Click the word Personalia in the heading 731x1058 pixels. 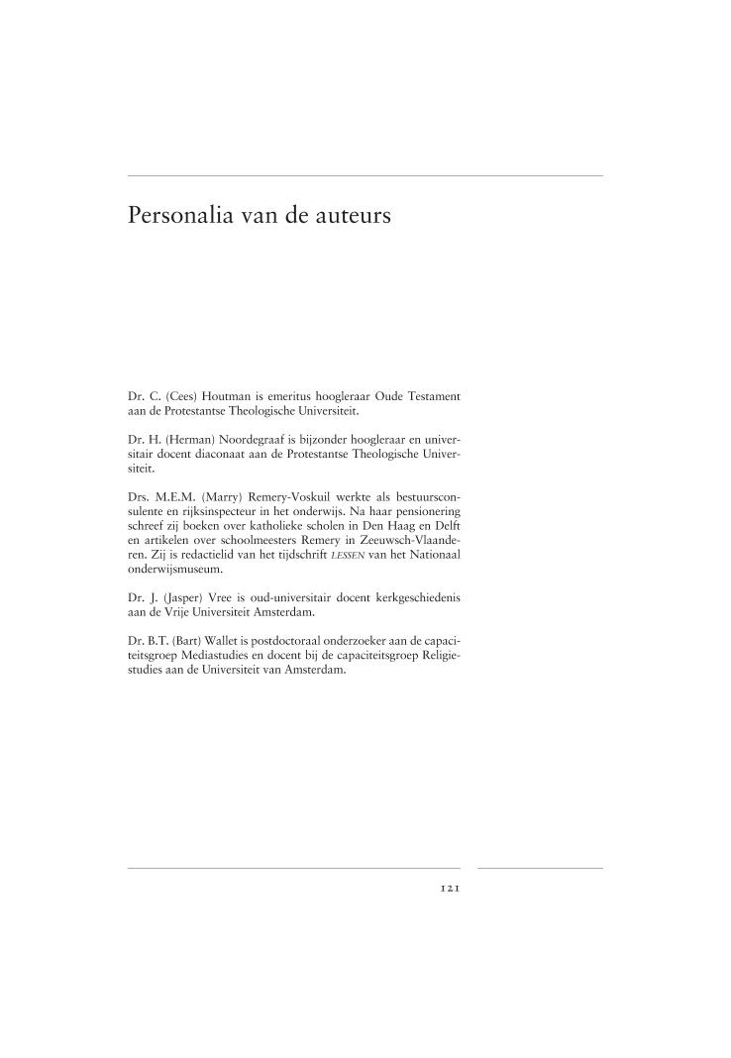(182, 215)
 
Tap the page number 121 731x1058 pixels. (450, 889)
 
